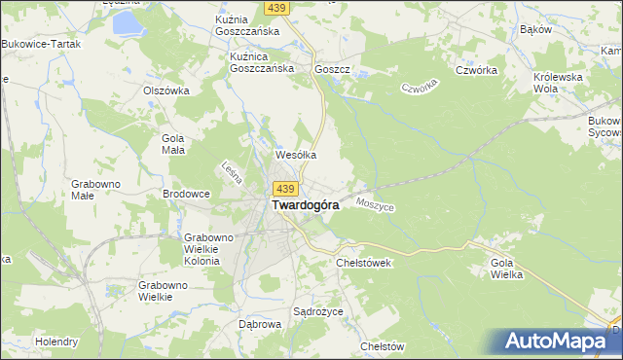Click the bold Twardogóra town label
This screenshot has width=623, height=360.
[298, 206]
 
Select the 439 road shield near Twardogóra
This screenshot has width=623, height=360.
[284, 187]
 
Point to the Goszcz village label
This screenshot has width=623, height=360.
[332, 70]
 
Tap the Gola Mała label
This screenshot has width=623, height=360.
[172, 144]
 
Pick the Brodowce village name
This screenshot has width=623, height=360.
[186, 194]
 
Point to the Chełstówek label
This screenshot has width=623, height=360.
[363, 263]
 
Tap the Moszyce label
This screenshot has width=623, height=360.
[375, 206]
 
